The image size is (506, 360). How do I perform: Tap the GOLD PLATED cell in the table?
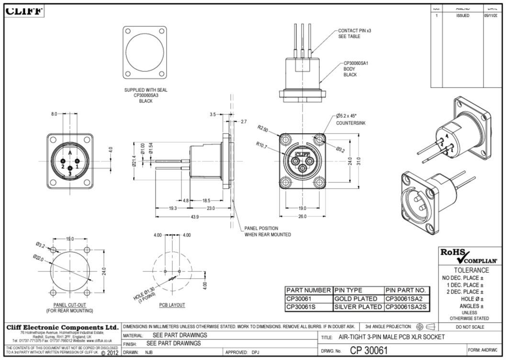(356, 299)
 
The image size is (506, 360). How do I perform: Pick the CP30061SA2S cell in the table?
(406, 307)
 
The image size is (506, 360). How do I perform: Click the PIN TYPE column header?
(348, 290)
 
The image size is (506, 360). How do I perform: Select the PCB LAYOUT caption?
(172, 305)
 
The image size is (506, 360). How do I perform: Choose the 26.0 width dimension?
(302, 217)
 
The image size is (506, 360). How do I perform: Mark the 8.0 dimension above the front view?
(54, 114)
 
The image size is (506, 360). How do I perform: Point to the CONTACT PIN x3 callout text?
(355, 31)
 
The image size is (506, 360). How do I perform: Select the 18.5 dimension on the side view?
(206, 201)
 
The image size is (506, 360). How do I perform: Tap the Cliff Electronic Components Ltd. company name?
(62, 327)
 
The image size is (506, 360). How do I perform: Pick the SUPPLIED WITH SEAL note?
(146, 90)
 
